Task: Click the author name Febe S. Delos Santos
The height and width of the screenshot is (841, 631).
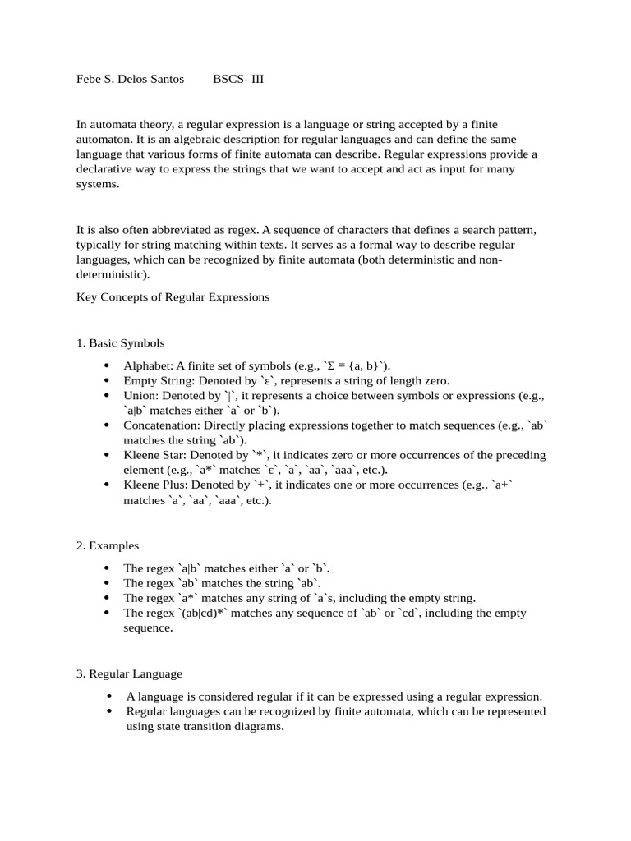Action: (131, 80)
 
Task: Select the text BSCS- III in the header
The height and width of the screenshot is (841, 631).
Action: (238, 80)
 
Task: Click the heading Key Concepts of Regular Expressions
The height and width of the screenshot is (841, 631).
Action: (173, 297)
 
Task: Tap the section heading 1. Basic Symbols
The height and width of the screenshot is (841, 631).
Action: (120, 343)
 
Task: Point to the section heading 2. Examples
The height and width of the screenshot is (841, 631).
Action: (108, 545)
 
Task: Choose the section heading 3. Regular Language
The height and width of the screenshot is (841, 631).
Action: (129, 673)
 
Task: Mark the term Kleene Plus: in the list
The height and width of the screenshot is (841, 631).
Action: (153, 485)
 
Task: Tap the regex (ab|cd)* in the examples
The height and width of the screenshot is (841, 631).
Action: (201, 613)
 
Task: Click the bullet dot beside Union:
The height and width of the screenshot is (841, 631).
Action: (108, 395)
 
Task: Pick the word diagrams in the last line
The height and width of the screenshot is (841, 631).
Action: (258, 727)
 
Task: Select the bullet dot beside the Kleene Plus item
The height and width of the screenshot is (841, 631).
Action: (108, 485)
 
